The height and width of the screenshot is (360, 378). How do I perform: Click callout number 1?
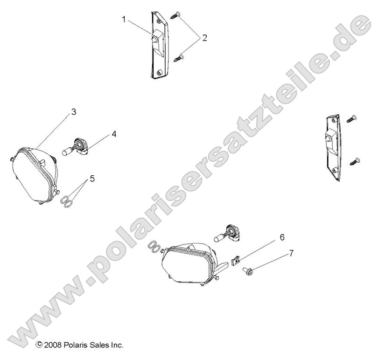click(124, 19)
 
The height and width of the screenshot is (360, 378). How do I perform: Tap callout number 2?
click(204, 38)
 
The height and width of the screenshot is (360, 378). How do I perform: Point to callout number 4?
click(113, 134)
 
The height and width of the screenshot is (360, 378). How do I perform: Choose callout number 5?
click(92, 178)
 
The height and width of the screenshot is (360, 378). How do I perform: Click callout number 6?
click(282, 237)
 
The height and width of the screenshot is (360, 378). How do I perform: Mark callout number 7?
click(291, 253)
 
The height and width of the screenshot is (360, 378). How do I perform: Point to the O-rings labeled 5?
click(68, 201)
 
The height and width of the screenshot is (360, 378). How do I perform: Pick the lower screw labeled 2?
click(180, 58)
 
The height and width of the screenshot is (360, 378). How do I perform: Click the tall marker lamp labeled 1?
click(158, 44)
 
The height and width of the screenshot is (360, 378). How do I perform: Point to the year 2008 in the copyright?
click(54, 346)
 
